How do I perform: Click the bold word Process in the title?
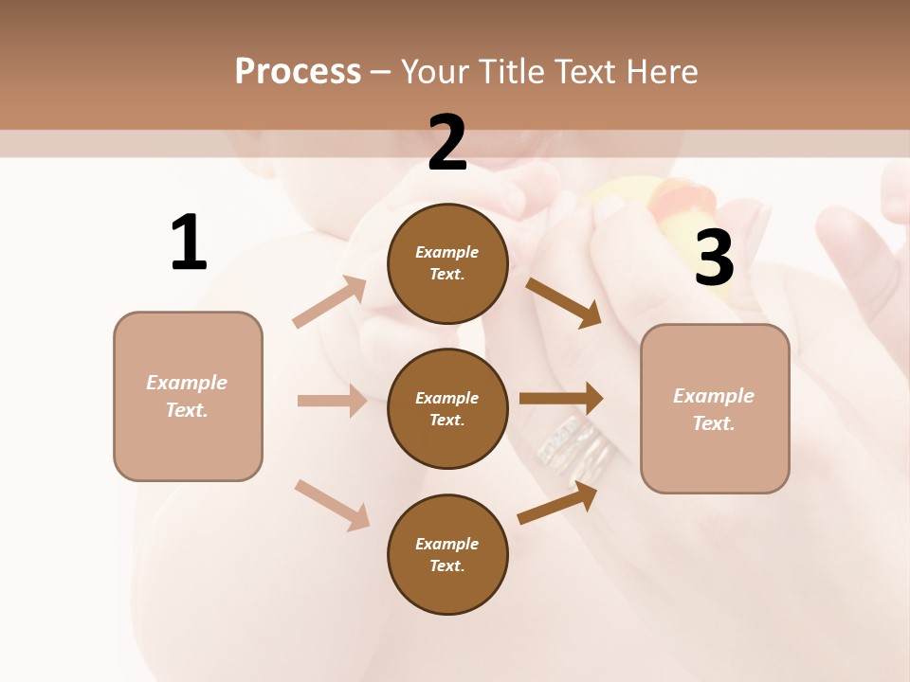[298, 71]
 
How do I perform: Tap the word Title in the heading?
[510, 71]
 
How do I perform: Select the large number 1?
[188, 242]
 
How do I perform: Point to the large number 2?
[447, 143]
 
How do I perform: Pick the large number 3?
[714, 258]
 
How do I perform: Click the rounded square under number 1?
[188, 396]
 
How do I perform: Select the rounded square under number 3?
[715, 408]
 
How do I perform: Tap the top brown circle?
[447, 263]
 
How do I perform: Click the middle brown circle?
[447, 408]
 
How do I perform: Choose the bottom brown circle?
[447, 554]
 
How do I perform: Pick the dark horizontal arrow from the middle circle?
[561, 398]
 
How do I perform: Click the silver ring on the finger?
[573, 440]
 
